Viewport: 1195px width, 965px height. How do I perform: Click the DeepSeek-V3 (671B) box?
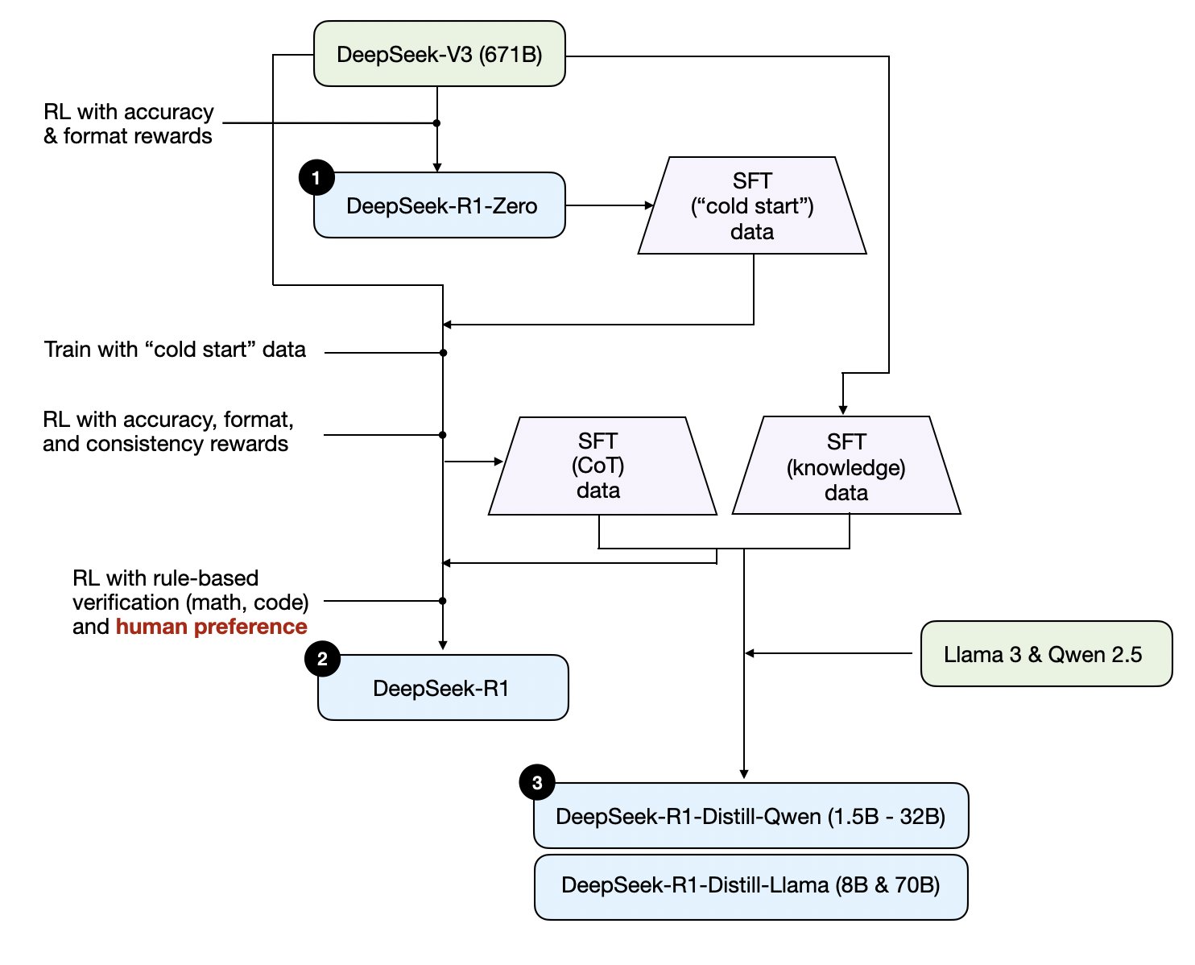point(439,54)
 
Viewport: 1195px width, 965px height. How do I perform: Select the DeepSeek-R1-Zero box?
point(439,205)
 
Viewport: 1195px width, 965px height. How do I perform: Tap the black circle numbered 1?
point(316,178)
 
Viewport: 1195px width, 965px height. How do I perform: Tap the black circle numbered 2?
point(322,659)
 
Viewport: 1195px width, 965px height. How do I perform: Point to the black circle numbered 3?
point(537,782)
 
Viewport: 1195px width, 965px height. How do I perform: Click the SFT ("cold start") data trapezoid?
point(752,205)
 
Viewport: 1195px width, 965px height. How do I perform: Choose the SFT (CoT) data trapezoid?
point(602,466)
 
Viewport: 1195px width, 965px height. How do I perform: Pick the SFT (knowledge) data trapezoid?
point(846,465)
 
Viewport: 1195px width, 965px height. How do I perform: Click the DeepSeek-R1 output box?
point(443,687)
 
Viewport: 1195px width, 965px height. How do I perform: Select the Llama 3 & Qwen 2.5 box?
point(1046,653)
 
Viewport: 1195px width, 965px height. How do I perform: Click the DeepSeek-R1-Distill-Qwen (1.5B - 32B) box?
point(750,815)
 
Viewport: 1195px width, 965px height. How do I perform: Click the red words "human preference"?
point(212,627)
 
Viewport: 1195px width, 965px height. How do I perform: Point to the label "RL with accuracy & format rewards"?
point(129,124)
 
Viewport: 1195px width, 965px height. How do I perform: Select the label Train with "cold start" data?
point(175,350)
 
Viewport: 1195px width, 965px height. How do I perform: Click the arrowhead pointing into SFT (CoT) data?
point(498,462)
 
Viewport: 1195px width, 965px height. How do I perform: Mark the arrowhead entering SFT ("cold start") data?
point(649,205)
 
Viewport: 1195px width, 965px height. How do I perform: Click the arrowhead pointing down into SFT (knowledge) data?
point(842,410)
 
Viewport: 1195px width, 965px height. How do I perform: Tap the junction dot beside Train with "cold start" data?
point(443,353)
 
